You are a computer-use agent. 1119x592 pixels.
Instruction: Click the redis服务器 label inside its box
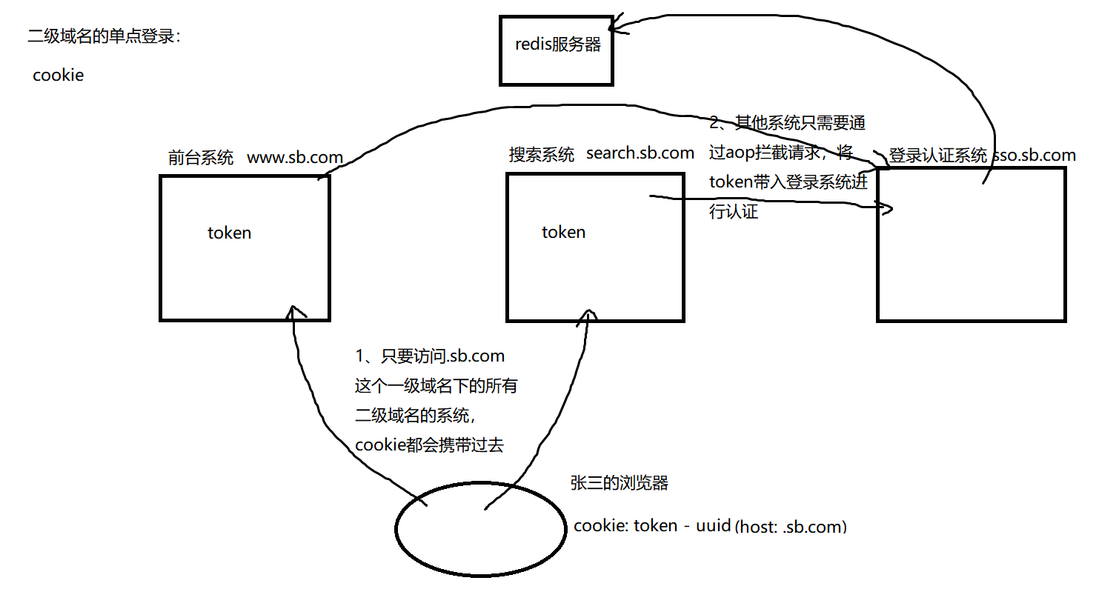point(558,44)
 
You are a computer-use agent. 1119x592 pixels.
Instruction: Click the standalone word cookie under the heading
point(58,75)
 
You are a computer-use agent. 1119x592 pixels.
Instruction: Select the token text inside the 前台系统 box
point(229,233)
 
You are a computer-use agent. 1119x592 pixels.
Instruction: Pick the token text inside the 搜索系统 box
point(563,232)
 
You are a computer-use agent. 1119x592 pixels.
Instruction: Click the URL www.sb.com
point(295,157)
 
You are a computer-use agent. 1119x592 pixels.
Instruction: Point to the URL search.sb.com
point(640,153)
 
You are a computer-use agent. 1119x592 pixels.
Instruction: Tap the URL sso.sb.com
point(1034,156)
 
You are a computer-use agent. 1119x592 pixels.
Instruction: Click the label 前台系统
point(201,157)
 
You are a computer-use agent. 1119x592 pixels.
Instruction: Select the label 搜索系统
point(542,154)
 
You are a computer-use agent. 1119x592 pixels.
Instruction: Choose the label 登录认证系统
point(937,156)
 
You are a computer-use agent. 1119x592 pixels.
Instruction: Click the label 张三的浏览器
point(619,482)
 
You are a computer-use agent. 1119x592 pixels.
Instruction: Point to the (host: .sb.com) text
point(791,527)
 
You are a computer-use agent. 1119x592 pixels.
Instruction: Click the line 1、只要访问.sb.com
point(430,356)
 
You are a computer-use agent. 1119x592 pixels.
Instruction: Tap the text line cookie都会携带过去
point(429,445)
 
